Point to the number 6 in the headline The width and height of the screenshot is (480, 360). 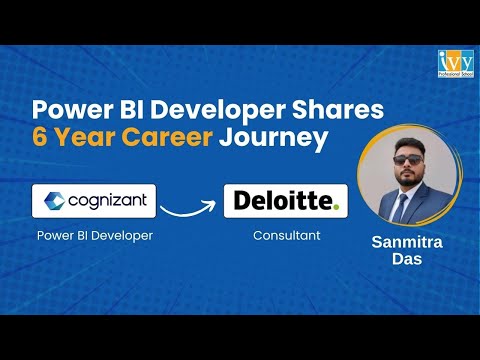(40, 137)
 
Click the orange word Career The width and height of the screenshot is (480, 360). (166, 137)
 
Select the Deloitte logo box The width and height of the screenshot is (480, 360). (285, 201)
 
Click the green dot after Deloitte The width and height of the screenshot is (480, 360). (337, 207)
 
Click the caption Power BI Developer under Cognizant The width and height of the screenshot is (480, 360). (95, 237)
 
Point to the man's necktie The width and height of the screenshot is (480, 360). (401, 208)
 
